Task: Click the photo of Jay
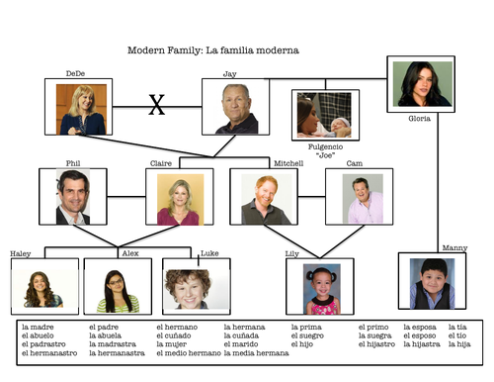coord(236,107)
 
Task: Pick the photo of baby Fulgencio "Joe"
coord(326,115)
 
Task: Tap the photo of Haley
coord(44,288)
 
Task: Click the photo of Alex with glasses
coord(117,288)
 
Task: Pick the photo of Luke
coord(196,288)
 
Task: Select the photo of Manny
coord(432,282)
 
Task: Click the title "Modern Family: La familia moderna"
coord(213,49)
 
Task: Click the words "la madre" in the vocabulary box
coord(37,328)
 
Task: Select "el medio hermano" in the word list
coord(188,353)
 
